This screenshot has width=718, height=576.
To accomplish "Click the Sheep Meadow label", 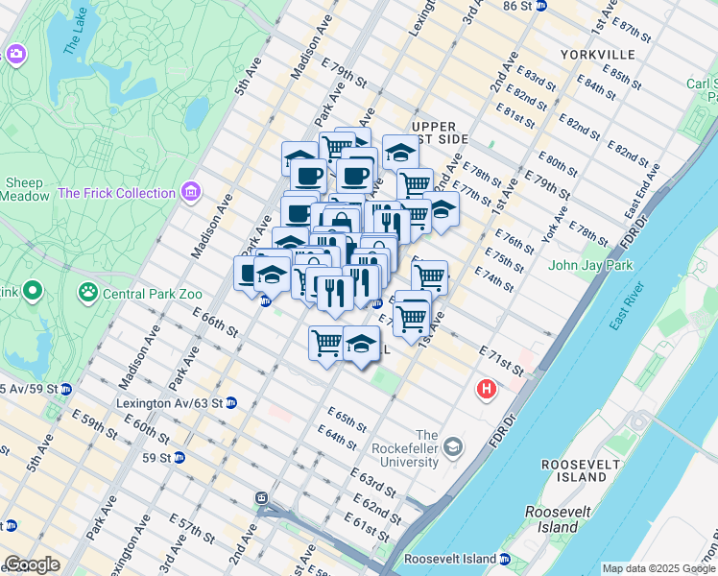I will [x=26, y=189].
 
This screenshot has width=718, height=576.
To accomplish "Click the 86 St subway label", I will [x=516, y=6].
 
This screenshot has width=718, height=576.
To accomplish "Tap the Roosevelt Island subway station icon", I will [x=504, y=559].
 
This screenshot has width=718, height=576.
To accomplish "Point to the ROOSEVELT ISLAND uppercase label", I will [x=576, y=464].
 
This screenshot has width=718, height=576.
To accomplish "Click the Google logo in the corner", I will [x=32, y=564].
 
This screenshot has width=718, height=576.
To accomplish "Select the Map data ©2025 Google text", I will [x=658, y=568].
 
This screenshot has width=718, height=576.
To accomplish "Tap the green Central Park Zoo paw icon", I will [x=88, y=288].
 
